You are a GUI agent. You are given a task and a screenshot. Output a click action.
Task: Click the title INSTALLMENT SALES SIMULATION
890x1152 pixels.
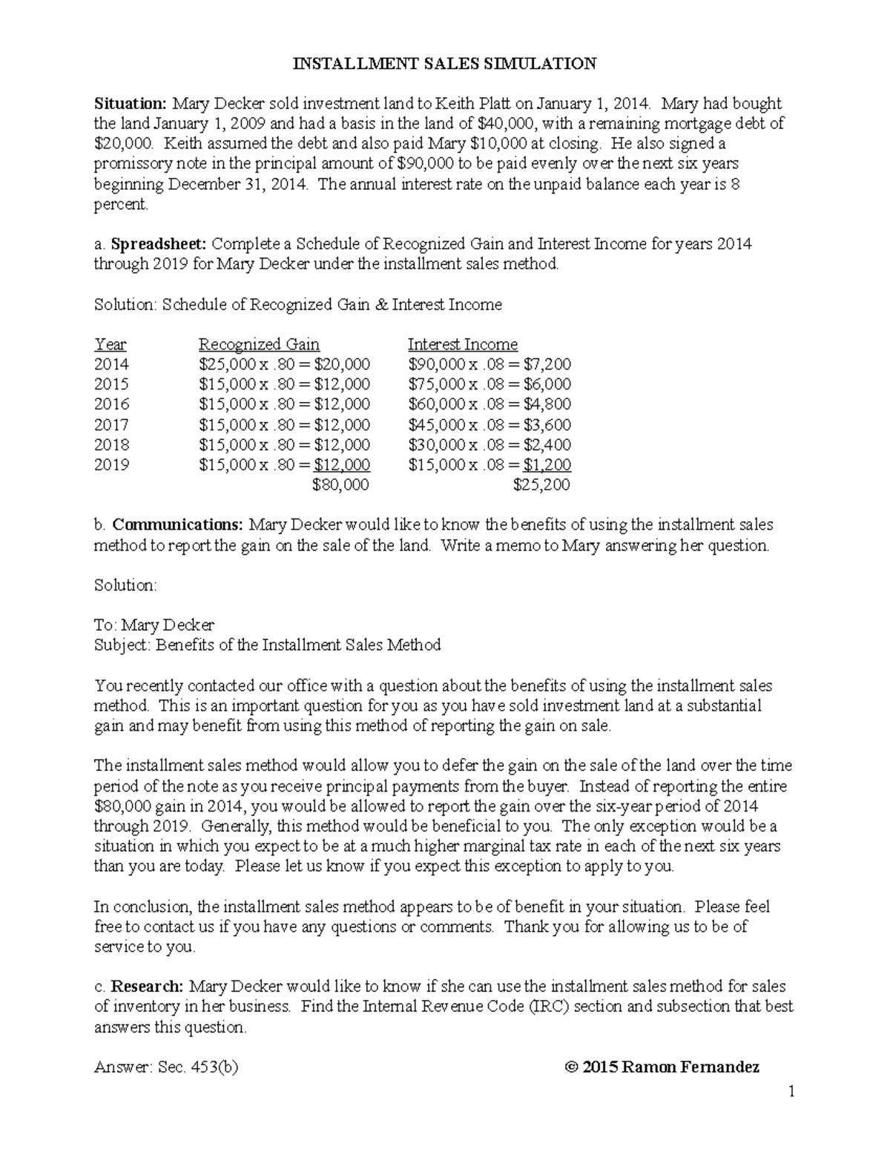(444, 64)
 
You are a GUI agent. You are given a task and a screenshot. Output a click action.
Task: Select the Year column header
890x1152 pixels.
(111, 344)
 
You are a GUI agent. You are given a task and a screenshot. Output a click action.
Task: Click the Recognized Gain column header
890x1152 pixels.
(259, 344)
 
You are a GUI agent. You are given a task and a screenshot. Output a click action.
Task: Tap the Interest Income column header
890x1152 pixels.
(463, 344)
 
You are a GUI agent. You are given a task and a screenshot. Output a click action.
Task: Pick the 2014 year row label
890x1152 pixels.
(111, 364)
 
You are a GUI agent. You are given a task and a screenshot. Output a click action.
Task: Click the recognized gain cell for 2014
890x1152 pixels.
(284, 364)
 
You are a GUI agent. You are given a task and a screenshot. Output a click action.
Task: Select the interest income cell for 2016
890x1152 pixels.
(489, 404)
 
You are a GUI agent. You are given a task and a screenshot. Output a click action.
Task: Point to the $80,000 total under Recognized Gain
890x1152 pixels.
(340, 485)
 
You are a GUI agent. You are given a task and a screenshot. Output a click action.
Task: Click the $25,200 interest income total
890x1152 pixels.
(541, 485)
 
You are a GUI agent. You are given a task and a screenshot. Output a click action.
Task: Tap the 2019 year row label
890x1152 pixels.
(111, 465)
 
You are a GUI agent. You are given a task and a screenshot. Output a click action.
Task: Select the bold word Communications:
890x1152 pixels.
(177, 525)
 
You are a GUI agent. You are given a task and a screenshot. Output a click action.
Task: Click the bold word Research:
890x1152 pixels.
(147, 987)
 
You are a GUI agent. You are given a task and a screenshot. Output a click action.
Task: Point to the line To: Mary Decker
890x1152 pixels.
(154, 625)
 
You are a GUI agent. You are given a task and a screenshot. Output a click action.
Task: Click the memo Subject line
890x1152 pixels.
(267, 645)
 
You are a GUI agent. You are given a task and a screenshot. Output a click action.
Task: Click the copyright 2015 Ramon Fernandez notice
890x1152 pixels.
(662, 1067)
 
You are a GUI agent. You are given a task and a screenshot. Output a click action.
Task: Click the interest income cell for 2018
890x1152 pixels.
(489, 445)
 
